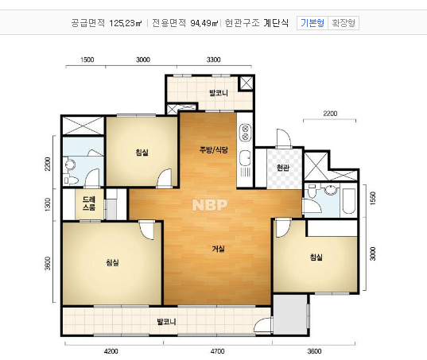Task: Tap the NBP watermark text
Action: (x=210, y=205)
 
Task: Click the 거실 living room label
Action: (x=217, y=249)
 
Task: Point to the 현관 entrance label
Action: (x=283, y=168)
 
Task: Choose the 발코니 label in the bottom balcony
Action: (x=166, y=322)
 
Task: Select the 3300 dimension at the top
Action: (x=213, y=60)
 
